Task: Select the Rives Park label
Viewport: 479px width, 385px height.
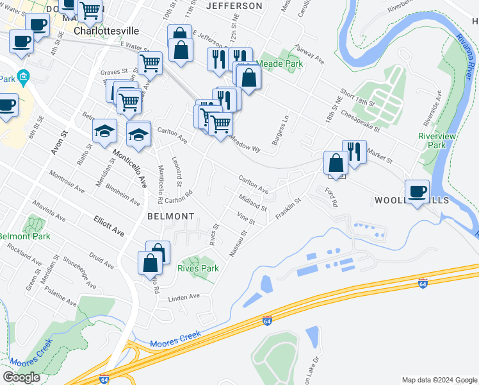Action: pos(198,268)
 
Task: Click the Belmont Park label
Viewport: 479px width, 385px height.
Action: pos(24,237)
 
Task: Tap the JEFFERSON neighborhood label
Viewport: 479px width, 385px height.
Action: pos(234,6)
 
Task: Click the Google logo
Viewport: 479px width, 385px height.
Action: pos(21,377)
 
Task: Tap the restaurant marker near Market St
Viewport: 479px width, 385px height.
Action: pos(354,151)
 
